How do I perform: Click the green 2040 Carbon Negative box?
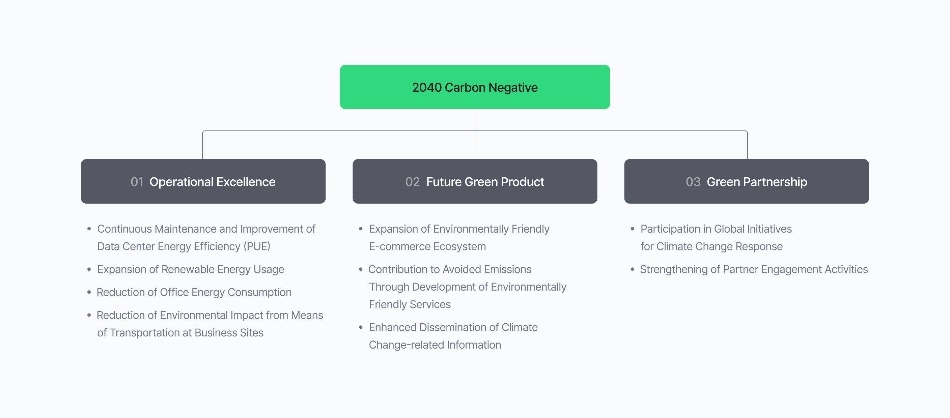click(475, 87)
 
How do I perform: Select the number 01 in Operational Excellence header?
click(137, 182)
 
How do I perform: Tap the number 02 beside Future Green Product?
click(412, 182)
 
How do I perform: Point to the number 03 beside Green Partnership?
click(693, 182)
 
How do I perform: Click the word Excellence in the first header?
click(246, 182)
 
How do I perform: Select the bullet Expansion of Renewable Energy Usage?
click(191, 269)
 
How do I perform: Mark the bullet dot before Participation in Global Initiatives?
click(633, 229)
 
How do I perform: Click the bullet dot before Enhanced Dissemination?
click(361, 327)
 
